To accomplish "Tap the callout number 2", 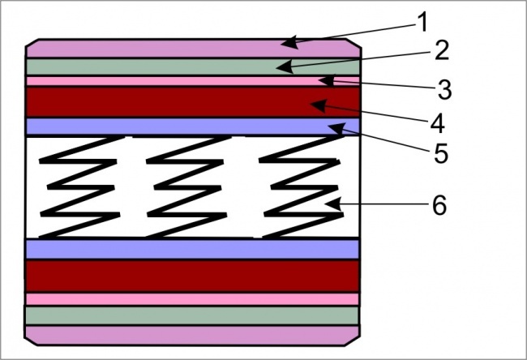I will click(441, 51).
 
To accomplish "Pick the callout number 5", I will click(441, 153).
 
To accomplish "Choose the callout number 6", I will click(439, 205).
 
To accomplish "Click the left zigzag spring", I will click(81, 186).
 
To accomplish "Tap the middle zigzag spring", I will click(190, 186).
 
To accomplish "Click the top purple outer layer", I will click(162, 48).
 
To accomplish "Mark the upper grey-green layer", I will click(162, 66).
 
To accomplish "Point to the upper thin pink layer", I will click(162, 81).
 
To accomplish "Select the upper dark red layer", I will click(162, 102).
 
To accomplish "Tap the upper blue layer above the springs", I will click(162, 126).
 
